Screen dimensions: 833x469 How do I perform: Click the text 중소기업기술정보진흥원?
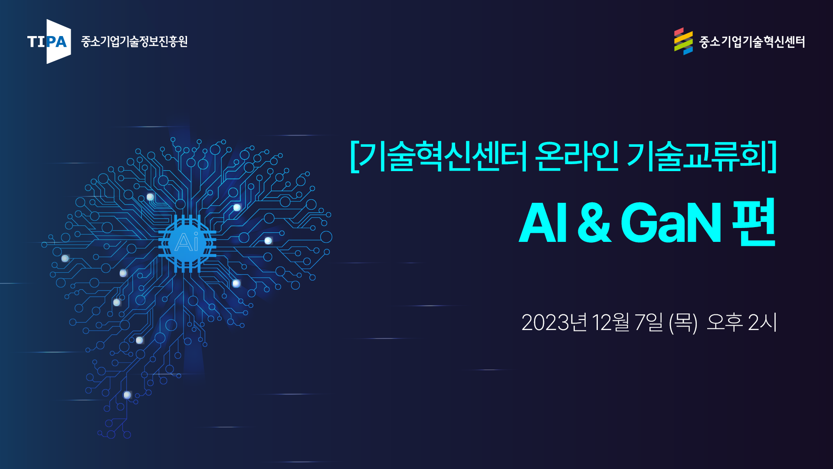(x=134, y=42)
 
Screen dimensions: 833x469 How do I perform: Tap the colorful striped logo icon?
(x=683, y=42)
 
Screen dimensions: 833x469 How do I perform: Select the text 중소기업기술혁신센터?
(x=752, y=42)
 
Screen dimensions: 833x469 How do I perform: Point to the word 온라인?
(x=577, y=156)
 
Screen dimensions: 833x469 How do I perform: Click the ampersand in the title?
(x=594, y=223)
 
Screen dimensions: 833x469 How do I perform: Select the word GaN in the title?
(x=671, y=223)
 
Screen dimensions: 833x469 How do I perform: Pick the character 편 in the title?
(x=754, y=222)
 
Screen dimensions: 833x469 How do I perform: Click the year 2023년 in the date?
(x=554, y=323)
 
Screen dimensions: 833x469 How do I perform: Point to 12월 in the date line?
(x=610, y=323)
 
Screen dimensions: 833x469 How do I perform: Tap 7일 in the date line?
(x=649, y=323)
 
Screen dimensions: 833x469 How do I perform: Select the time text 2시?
(x=762, y=323)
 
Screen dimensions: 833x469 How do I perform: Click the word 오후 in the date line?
(x=725, y=323)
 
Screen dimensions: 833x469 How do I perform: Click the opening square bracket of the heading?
(x=354, y=156)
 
